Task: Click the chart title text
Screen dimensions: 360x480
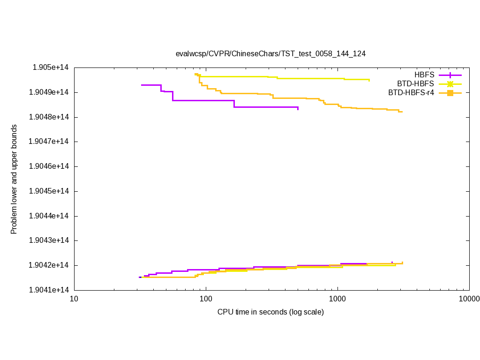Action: click(270, 53)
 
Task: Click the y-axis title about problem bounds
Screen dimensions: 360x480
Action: click(14, 179)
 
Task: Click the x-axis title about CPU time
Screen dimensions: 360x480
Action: click(270, 312)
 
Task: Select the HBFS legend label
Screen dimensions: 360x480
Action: click(424, 75)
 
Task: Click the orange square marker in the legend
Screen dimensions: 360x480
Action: click(450, 93)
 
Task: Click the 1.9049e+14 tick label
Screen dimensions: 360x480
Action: click(49, 92)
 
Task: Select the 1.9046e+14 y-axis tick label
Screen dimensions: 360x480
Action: click(49, 166)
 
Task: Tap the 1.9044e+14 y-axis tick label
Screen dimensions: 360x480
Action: click(49, 216)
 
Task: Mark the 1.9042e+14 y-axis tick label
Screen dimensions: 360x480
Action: click(49, 265)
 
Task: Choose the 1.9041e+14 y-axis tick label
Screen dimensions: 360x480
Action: click(49, 290)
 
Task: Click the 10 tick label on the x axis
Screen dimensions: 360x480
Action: click(74, 299)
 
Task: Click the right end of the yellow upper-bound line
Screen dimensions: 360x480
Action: click(369, 80)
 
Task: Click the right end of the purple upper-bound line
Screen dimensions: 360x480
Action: click(298, 108)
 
